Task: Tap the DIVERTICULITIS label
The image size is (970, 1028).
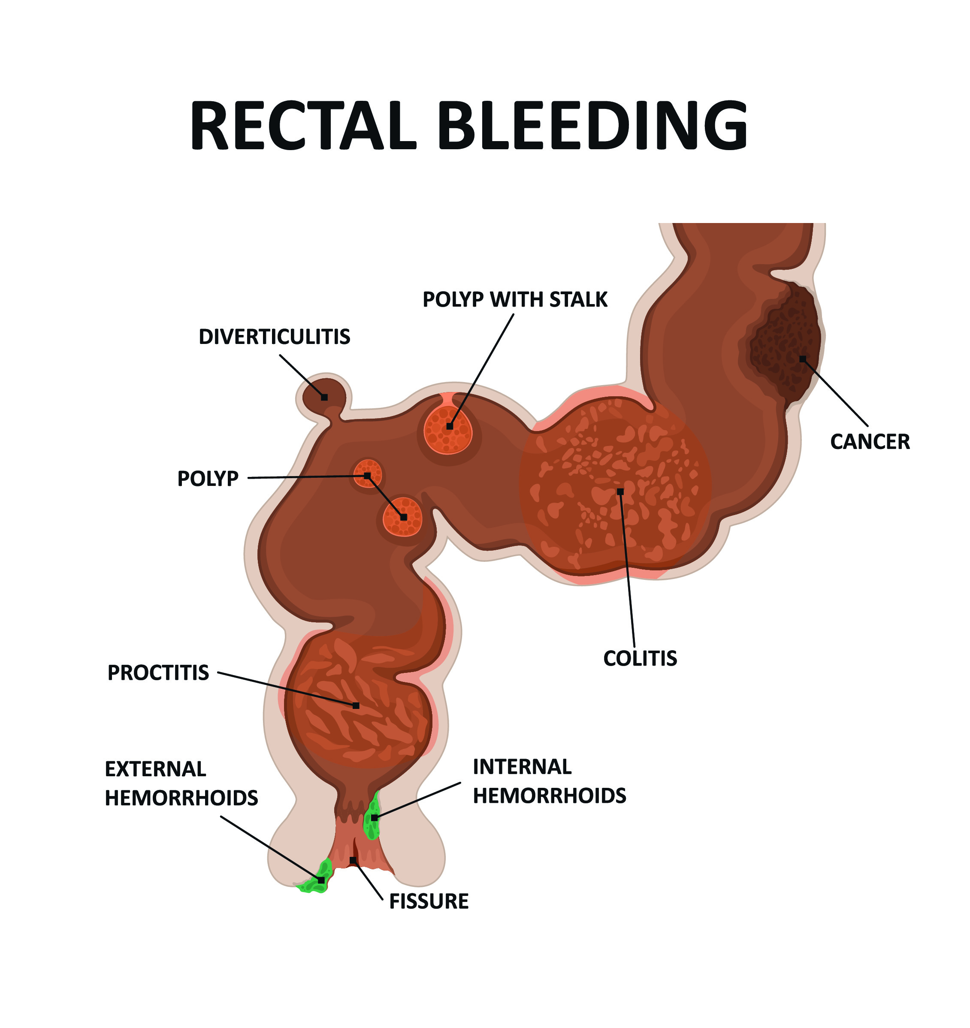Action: [x=274, y=337]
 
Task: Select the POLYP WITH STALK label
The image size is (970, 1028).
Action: [x=515, y=300]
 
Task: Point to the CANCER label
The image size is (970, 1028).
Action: [x=870, y=442]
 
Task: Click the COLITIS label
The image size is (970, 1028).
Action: [x=640, y=658]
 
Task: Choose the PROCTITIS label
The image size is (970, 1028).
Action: [x=158, y=673]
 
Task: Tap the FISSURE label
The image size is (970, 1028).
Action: [x=428, y=901]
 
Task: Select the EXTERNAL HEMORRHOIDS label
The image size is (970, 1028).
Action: [x=181, y=784]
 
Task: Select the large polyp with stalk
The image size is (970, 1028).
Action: [x=448, y=429]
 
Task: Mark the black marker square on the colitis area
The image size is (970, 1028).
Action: [x=620, y=491]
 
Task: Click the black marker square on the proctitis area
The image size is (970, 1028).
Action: [x=356, y=705]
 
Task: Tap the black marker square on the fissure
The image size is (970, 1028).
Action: [x=353, y=860]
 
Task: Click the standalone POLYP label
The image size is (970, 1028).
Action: [x=208, y=479]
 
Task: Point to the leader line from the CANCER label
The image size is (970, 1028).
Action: [x=835, y=393]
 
